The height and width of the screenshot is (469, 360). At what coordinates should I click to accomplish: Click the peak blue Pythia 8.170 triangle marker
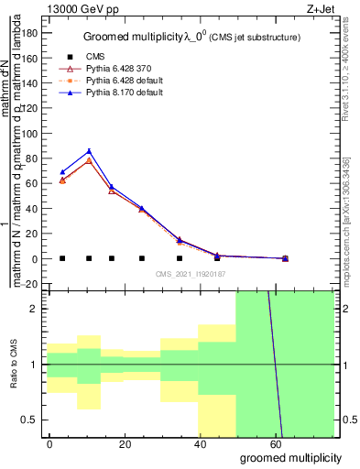(x=89, y=151)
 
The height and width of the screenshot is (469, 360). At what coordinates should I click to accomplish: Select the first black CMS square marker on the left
(x=62, y=258)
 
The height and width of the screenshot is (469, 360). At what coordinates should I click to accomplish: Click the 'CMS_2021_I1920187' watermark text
(x=190, y=273)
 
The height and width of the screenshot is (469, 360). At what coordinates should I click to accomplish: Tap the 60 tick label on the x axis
(x=275, y=442)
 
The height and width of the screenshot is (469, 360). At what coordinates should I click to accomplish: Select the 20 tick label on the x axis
(x=125, y=442)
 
